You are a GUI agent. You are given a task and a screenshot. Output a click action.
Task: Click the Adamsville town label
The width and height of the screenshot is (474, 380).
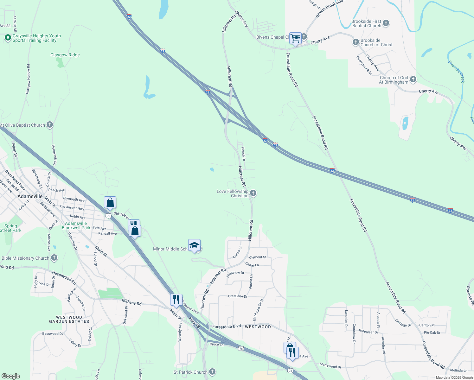click(30, 196)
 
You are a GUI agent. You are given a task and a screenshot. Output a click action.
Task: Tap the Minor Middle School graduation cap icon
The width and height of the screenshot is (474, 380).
click(194, 245)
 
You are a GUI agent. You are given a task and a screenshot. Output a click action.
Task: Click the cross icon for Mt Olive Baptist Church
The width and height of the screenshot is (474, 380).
click(50, 125)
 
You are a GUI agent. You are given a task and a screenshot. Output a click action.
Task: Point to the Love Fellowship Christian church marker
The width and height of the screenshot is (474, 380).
click(253, 193)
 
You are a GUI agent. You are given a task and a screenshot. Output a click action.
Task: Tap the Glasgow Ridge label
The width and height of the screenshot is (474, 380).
click(65, 55)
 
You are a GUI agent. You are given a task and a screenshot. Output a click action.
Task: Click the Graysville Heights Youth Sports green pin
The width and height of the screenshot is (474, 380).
click(8, 38)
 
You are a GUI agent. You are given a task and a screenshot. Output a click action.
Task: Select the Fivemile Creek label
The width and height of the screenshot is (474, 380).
click(457, 72)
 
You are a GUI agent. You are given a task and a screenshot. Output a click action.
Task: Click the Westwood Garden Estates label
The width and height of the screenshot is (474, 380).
click(69, 319)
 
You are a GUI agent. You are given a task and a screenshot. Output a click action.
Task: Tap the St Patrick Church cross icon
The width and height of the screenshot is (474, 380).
click(212, 372)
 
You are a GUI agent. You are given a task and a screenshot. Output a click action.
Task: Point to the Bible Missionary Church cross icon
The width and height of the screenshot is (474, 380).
click(54, 258)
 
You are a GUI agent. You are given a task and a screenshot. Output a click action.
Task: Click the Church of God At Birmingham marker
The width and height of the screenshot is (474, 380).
click(413, 79)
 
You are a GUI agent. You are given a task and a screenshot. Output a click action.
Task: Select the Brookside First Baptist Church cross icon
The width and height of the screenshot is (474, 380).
click(386, 23)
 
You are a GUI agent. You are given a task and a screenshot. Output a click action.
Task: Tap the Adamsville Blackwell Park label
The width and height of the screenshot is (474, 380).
click(76, 225)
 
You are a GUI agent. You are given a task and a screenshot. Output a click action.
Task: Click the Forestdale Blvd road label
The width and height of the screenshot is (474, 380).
click(227, 326)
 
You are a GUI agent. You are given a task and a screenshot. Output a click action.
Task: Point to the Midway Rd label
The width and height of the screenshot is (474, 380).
click(131, 303)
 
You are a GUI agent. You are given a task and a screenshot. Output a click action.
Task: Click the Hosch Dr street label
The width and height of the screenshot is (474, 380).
click(243, 154)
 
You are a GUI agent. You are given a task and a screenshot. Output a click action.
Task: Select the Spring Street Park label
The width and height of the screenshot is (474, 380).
click(11, 228)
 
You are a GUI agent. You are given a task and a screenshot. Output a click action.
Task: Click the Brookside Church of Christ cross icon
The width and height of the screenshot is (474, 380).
click(355, 42)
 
